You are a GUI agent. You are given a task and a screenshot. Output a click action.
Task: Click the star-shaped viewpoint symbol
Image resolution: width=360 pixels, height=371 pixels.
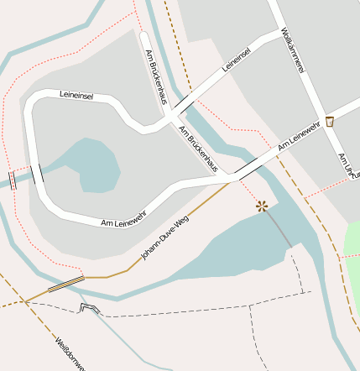263,205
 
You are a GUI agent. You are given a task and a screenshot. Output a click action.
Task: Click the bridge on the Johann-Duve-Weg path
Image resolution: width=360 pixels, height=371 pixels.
65,284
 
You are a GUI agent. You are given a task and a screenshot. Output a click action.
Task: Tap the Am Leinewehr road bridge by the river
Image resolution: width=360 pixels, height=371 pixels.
246,167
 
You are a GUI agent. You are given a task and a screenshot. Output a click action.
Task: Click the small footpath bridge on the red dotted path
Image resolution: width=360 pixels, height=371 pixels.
12,180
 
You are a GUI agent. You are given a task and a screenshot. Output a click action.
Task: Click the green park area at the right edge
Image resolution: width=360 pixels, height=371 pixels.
353,252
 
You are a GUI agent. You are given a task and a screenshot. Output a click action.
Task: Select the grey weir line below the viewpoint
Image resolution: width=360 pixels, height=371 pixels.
279,229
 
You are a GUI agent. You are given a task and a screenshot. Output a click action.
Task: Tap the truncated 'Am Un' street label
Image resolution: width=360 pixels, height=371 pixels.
343,164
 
